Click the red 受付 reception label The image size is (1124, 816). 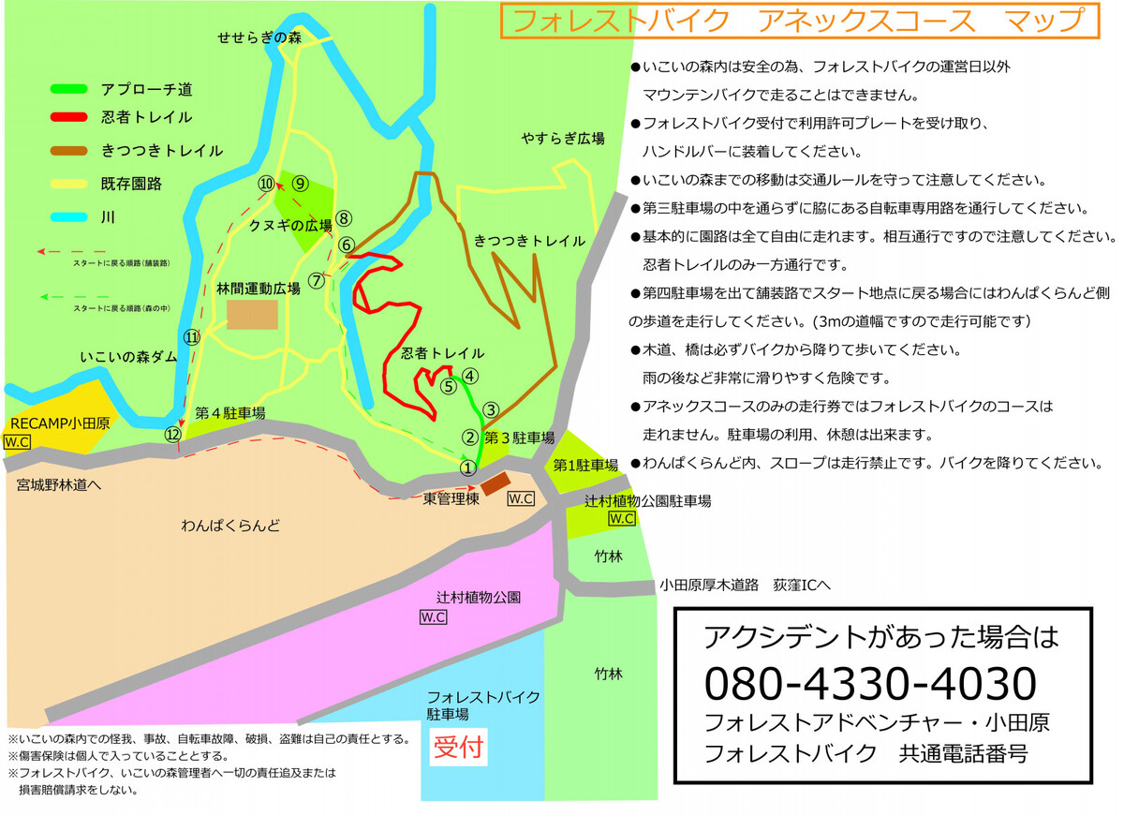456,749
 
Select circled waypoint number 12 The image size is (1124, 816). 172,434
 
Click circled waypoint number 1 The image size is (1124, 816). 468,467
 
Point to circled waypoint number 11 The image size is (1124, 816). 191,337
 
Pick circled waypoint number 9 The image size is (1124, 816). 300,184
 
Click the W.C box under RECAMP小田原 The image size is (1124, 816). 17,441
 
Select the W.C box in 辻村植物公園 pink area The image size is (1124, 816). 433,616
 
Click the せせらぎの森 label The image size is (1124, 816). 259,38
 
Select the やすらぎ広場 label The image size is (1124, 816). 563,139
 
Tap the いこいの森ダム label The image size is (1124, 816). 127,357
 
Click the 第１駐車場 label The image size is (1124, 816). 585,466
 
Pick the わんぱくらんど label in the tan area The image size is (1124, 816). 230,526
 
